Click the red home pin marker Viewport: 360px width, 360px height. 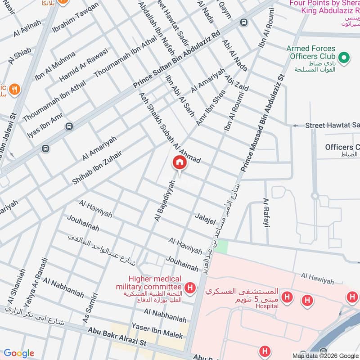179,162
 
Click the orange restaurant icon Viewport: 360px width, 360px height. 15,89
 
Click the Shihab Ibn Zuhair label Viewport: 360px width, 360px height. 97,168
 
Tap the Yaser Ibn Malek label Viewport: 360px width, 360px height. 157,331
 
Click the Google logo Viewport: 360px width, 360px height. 19,353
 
